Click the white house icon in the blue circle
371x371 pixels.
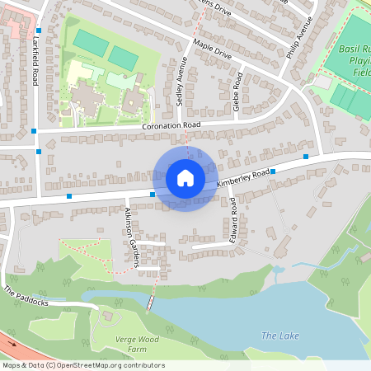pyautogui.click(x=185, y=177)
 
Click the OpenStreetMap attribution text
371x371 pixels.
pyautogui.click(x=83, y=365)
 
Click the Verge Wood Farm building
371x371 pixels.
pyautogui.click(x=108, y=316)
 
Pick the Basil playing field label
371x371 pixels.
pyautogui.click(x=355, y=60)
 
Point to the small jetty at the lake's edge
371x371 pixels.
pyautogui.click(x=149, y=303)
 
